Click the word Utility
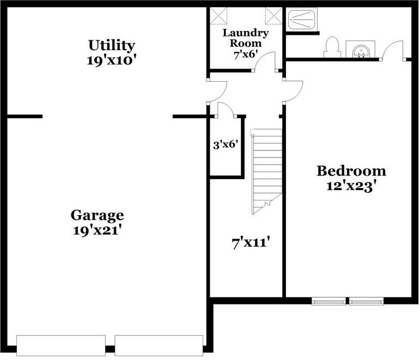click(112, 45)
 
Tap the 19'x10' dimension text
click(111, 59)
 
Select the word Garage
click(98, 215)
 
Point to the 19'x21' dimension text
click(97, 230)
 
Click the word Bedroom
click(351, 171)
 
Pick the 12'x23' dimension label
click(351, 186)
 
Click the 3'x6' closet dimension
click(226, 145)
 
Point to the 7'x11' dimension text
click(252, 242)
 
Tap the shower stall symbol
click(302, 20)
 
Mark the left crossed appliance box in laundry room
click(219, 14)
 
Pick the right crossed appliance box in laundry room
click(272, 14)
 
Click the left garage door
click(60, 345)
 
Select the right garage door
click(159, 345)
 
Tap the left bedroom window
click(329, 300)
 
